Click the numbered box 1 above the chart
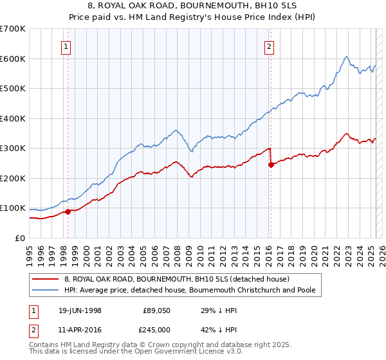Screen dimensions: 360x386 tap(67, 46)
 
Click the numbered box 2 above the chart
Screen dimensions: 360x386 tap(269, 46)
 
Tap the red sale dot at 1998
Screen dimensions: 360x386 tap(68, 212)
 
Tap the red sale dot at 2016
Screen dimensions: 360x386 tap(271, 165)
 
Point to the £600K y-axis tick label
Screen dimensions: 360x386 tap(13, 59)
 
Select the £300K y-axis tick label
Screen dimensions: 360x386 tap(13, 148)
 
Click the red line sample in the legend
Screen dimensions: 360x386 tap(45, 279)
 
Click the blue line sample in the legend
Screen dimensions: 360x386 tap(45, 290)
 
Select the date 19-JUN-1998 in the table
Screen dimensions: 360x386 tap(78, 310)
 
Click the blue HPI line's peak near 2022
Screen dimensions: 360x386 tap(347, 57)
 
